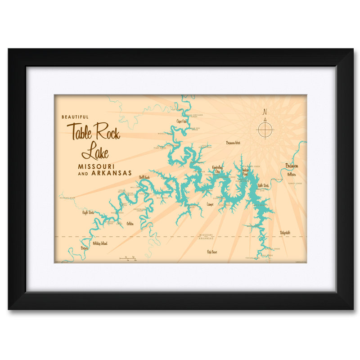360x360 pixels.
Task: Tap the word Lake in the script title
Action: pyautogui.click(x=96, y=152)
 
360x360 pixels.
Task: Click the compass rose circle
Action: pyautogui.click(x=265, y=130)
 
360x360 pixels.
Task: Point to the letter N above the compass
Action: pyautogui.click(x=265, y=112)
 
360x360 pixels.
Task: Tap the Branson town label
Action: pyautogui.click(x=292, y=165)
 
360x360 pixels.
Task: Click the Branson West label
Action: pyautogui.click(x=236, y=143)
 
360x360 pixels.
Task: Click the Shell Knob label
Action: pyautogui.click(x=144, y=177)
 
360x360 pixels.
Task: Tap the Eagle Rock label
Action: pyautogui.click(x=88, y=212)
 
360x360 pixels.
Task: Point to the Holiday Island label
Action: pyautogui.click(x=100, y=243)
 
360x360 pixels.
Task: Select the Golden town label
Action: pyautogui.click(x=130, y=223)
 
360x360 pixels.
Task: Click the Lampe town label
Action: pyautogui.click(x=210, y=204)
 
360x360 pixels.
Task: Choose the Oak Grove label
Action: pyautogui.click(x=211, y=252)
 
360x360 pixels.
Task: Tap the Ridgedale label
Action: pyautogui.click(x=285, y=232)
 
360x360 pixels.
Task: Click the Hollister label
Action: pyautogui.click(x=292, y=174)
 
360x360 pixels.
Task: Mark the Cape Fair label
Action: pyautogui.click(x=182, y=121)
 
